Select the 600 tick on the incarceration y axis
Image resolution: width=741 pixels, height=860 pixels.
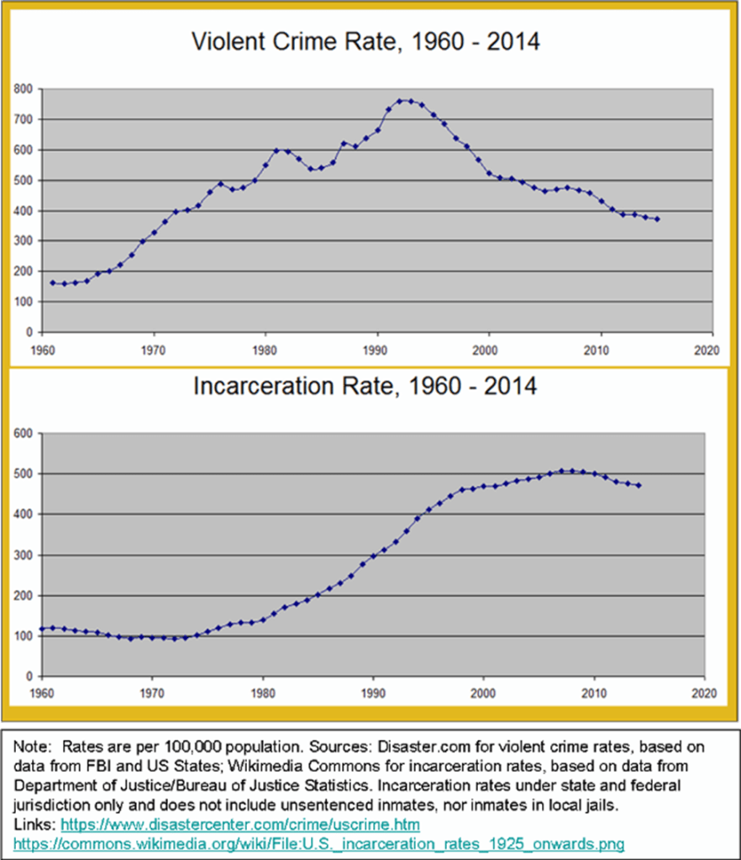click(24, 434)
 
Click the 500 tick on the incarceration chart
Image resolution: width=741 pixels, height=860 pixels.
click(24, 474)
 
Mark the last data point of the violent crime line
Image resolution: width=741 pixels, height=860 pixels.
click(657, 219)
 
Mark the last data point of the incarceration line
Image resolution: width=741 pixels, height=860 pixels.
click(639, 485)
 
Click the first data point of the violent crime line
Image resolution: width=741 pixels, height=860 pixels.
click(52, 282)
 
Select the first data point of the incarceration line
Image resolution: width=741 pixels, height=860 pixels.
click(41, 629)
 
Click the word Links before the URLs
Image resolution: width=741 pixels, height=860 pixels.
click(30, 827)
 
